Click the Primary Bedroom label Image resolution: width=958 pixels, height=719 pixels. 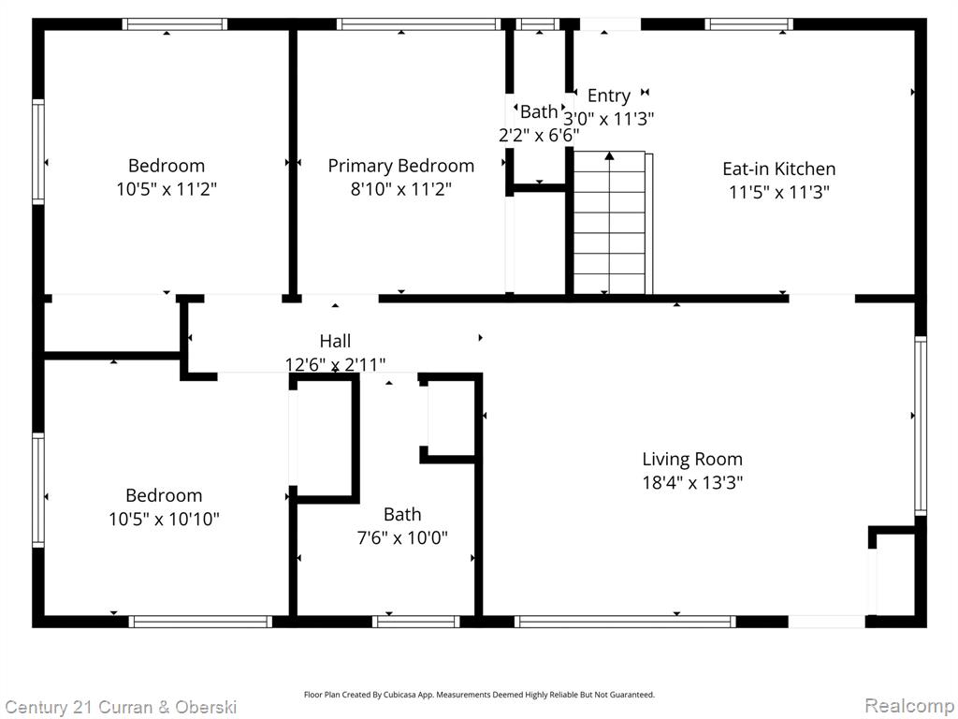pos(400,166)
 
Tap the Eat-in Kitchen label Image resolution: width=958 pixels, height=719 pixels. pos(779,169)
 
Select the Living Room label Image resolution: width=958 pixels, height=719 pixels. pos(692,459)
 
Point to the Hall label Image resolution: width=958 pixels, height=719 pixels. pos(336,341)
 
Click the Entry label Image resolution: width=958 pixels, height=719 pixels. pos(608,96)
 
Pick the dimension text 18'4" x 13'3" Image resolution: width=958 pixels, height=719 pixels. pos(692,483)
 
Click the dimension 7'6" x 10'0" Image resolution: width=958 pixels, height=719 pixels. pos(402,538)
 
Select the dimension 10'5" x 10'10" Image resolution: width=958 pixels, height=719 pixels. pos(164,519)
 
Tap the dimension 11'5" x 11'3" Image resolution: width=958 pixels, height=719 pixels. pos(779,193)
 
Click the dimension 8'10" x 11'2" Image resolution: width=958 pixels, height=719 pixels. pos(400,189)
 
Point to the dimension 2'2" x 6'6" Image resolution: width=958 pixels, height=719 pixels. pos(539,135)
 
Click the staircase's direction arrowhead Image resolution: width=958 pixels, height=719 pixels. pos(609,156)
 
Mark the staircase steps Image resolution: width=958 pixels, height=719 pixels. pos(609,223)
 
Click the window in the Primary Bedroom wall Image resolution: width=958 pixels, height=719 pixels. pos(418,24)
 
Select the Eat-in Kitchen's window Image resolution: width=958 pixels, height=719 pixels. pos(748,24)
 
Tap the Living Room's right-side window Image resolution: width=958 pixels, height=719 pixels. pos(921,426)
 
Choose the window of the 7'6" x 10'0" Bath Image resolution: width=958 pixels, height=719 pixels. pos(416,622)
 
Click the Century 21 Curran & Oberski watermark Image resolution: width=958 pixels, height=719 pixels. pos(121,708)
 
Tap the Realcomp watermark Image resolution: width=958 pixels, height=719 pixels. pos(909,706)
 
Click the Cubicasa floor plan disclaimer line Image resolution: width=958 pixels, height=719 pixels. pos(479,695)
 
